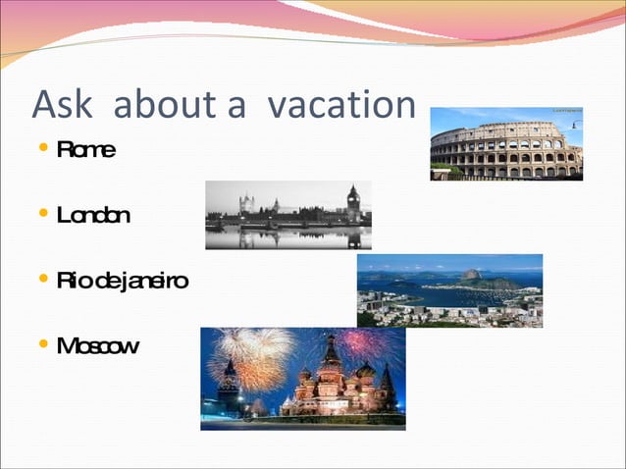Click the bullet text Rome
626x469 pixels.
click(x=86, y=150)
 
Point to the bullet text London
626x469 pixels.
click(x=93, y=215)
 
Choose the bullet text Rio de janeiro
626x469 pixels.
click(x=123, y=282)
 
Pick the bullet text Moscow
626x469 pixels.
click(x=98, y=345)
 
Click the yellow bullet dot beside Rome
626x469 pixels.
click(x=41, y=150)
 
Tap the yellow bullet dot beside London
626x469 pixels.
click(x=41, y=215)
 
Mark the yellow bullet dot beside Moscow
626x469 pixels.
click(x=41, y=345)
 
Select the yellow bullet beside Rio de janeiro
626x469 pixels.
click(x=41, y=282)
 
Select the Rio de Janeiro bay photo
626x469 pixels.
click(x=449, y=291)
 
